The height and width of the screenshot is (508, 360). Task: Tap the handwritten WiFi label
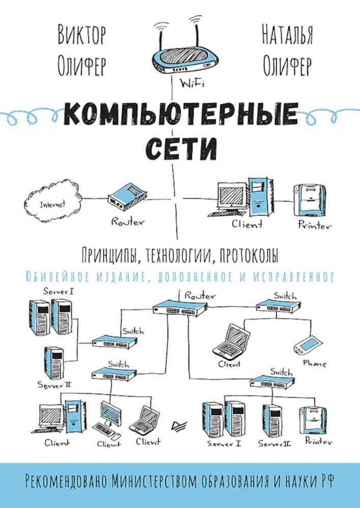(192, 84)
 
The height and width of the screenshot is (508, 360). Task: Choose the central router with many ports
(180, 308)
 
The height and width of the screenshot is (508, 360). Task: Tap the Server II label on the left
(54, 386)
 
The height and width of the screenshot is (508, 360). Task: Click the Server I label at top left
(59, 291)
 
